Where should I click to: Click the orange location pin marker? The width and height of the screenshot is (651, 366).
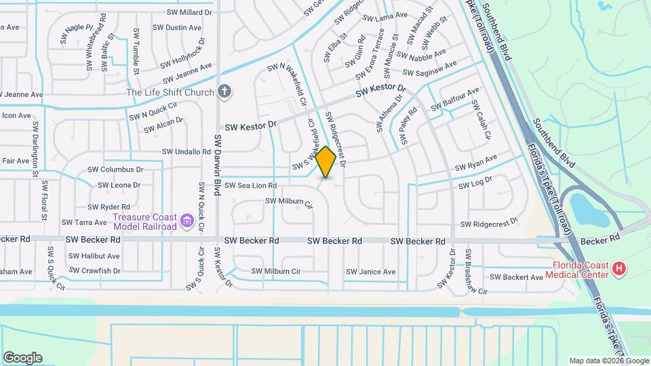click(326, 161)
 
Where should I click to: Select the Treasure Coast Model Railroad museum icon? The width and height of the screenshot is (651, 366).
click(187, 221)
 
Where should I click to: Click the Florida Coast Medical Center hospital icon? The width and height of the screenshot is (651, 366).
click(619, 270)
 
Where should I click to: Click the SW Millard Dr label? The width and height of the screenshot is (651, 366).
click(188, 12)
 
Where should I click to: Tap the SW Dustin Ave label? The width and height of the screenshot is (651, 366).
click(177, 28)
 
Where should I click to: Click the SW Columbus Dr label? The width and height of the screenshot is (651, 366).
click(116, 169)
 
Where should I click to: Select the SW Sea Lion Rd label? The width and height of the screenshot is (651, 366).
click(250, 185)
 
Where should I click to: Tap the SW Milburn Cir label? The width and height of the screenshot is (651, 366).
click(289, 202)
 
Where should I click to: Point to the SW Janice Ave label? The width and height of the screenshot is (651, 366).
click(370, 272)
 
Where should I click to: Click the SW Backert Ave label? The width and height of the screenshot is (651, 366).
click(516, 277)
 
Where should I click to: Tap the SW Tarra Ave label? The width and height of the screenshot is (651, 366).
click(84, 222)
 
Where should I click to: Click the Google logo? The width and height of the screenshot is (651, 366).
click(22, 358)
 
